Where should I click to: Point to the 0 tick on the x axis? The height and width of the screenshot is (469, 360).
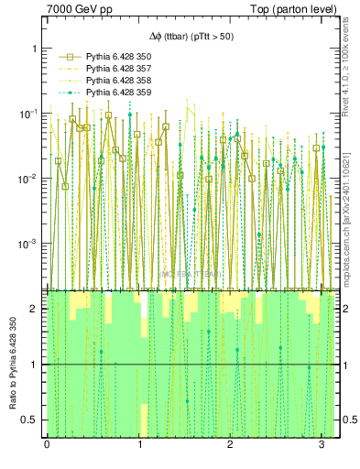coord(47,444)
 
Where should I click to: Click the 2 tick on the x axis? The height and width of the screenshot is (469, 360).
coord(230,444)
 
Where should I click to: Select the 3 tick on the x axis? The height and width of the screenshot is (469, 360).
coord(322,444)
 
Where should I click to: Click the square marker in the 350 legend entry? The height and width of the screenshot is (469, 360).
coord(63,57)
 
